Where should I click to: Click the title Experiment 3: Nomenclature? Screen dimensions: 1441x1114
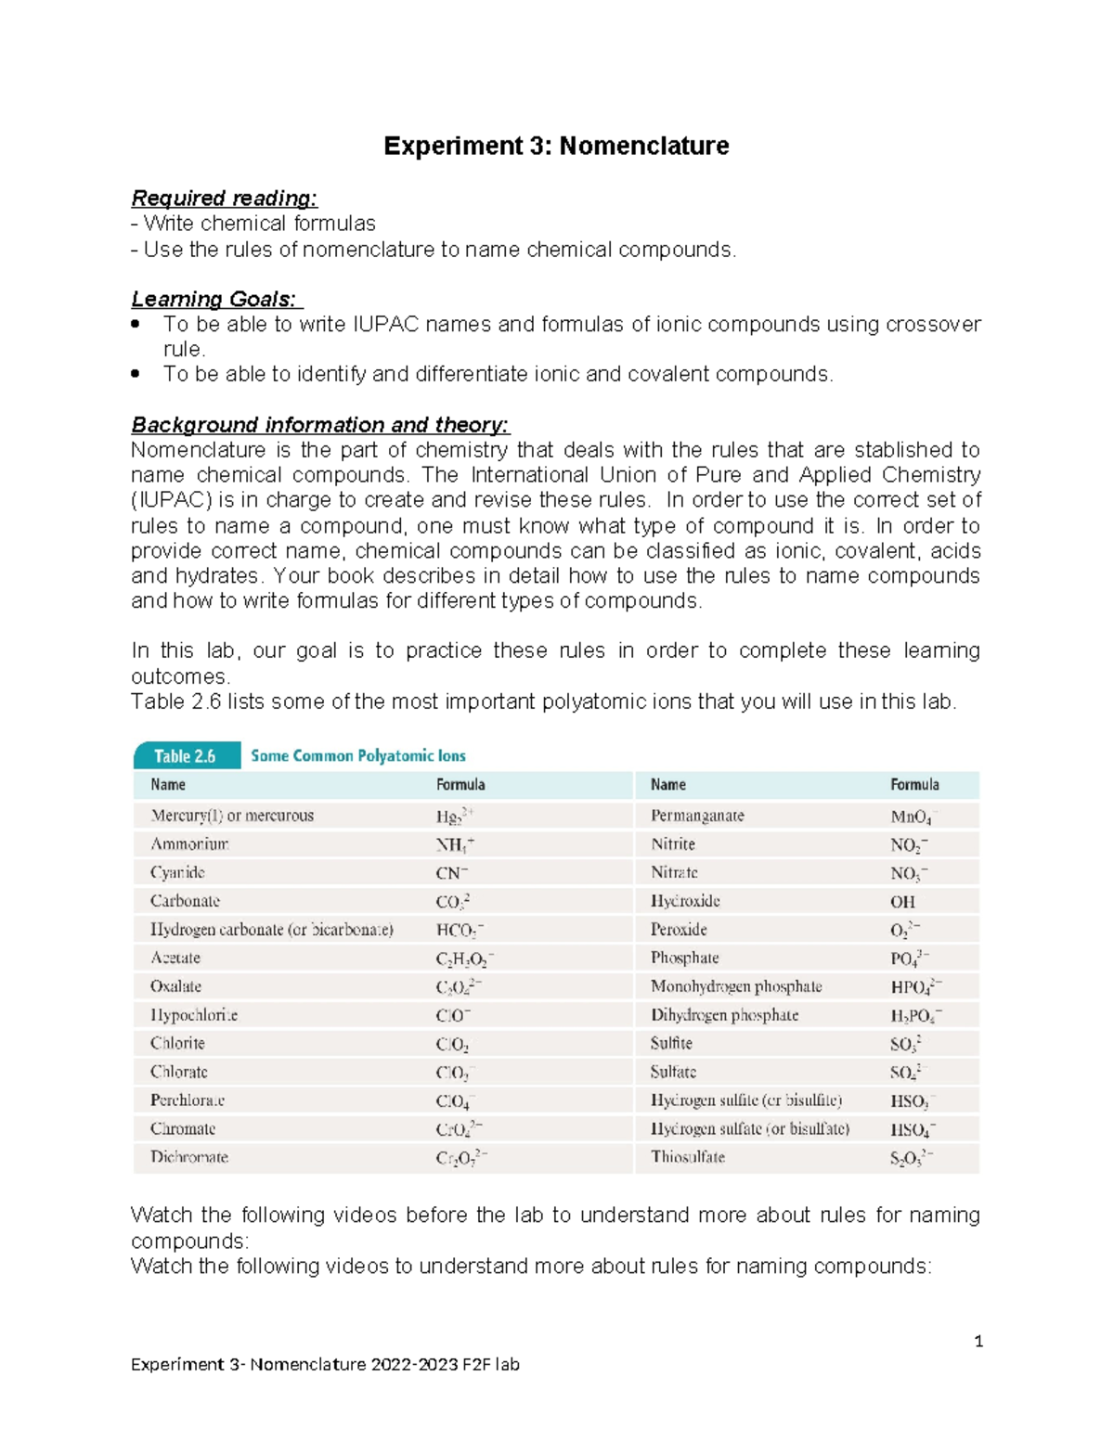coord(556,146)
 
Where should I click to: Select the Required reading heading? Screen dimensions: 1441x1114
coord(224,198)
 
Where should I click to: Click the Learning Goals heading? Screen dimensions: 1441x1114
coord(214,299)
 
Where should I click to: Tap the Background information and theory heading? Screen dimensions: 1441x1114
coord(319,425)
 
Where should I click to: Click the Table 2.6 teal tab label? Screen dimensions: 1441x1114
coord(185,756)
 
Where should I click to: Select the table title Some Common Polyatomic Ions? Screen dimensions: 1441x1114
coord(358,756)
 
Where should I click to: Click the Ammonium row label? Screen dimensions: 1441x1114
coord(189,844)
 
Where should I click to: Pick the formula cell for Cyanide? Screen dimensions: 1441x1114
coord(452,873)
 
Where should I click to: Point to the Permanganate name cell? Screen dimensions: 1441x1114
coord(697,816)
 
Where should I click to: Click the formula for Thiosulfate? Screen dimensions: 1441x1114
coord(911,1158)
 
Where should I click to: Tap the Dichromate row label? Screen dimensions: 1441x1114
coord(189,1157)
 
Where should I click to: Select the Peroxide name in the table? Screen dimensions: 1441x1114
coord(679,930)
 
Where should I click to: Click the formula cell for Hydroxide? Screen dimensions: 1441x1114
coord(902,902)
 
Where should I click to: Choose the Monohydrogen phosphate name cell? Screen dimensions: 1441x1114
coord(736,986)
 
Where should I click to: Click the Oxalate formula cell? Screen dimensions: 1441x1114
coord(458,987)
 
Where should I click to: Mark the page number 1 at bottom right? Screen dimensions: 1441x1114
coord(978,1341)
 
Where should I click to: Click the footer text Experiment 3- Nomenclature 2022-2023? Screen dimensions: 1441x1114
coord(325,1364)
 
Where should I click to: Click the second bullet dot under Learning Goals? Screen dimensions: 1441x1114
coord(136,374)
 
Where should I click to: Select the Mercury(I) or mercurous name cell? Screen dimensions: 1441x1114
coord(232,816)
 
